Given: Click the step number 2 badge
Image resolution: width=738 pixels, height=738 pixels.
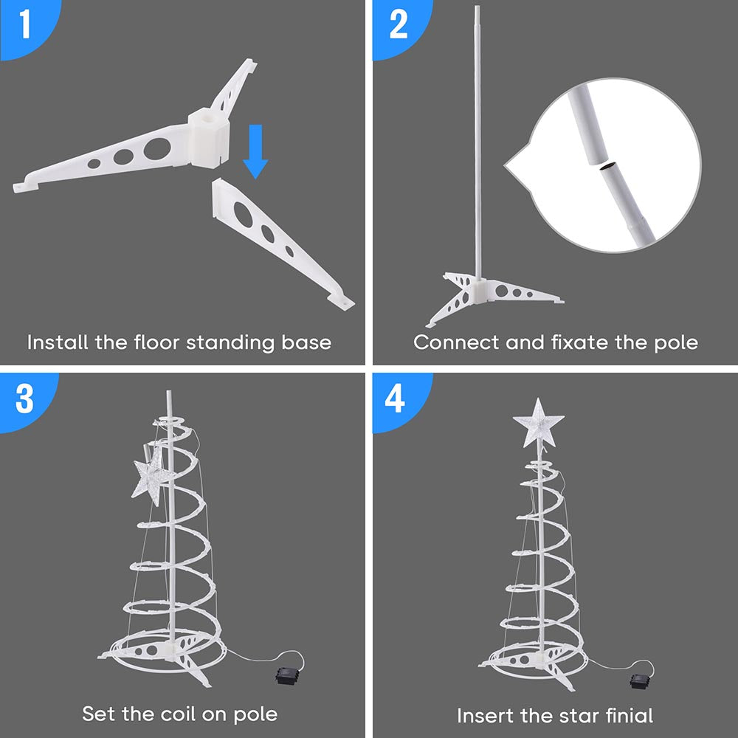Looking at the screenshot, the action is pos(399,26).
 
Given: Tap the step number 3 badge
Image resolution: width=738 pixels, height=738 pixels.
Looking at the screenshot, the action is pos(24,399).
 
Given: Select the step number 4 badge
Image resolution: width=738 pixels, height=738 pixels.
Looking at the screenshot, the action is pos(396,399).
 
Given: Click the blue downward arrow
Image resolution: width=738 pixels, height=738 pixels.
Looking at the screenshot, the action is pos(255,151).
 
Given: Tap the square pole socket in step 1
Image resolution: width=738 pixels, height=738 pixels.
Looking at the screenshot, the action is pos(209,137).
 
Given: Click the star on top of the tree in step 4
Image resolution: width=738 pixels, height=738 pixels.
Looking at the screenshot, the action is pos(539,423).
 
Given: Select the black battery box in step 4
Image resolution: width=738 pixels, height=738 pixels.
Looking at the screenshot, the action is pos(641,680).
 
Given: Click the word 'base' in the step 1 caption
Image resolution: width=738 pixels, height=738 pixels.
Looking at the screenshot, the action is pos(306,342).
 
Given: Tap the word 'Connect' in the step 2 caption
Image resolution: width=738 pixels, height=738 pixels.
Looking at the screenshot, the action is pos(455,342).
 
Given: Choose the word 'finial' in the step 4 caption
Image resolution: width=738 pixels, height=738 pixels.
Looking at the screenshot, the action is pos(630,715).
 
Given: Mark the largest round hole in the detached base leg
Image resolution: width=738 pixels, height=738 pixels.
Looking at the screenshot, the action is pos(243,213).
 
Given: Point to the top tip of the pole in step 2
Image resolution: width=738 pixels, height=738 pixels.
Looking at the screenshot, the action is pos(477,7).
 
